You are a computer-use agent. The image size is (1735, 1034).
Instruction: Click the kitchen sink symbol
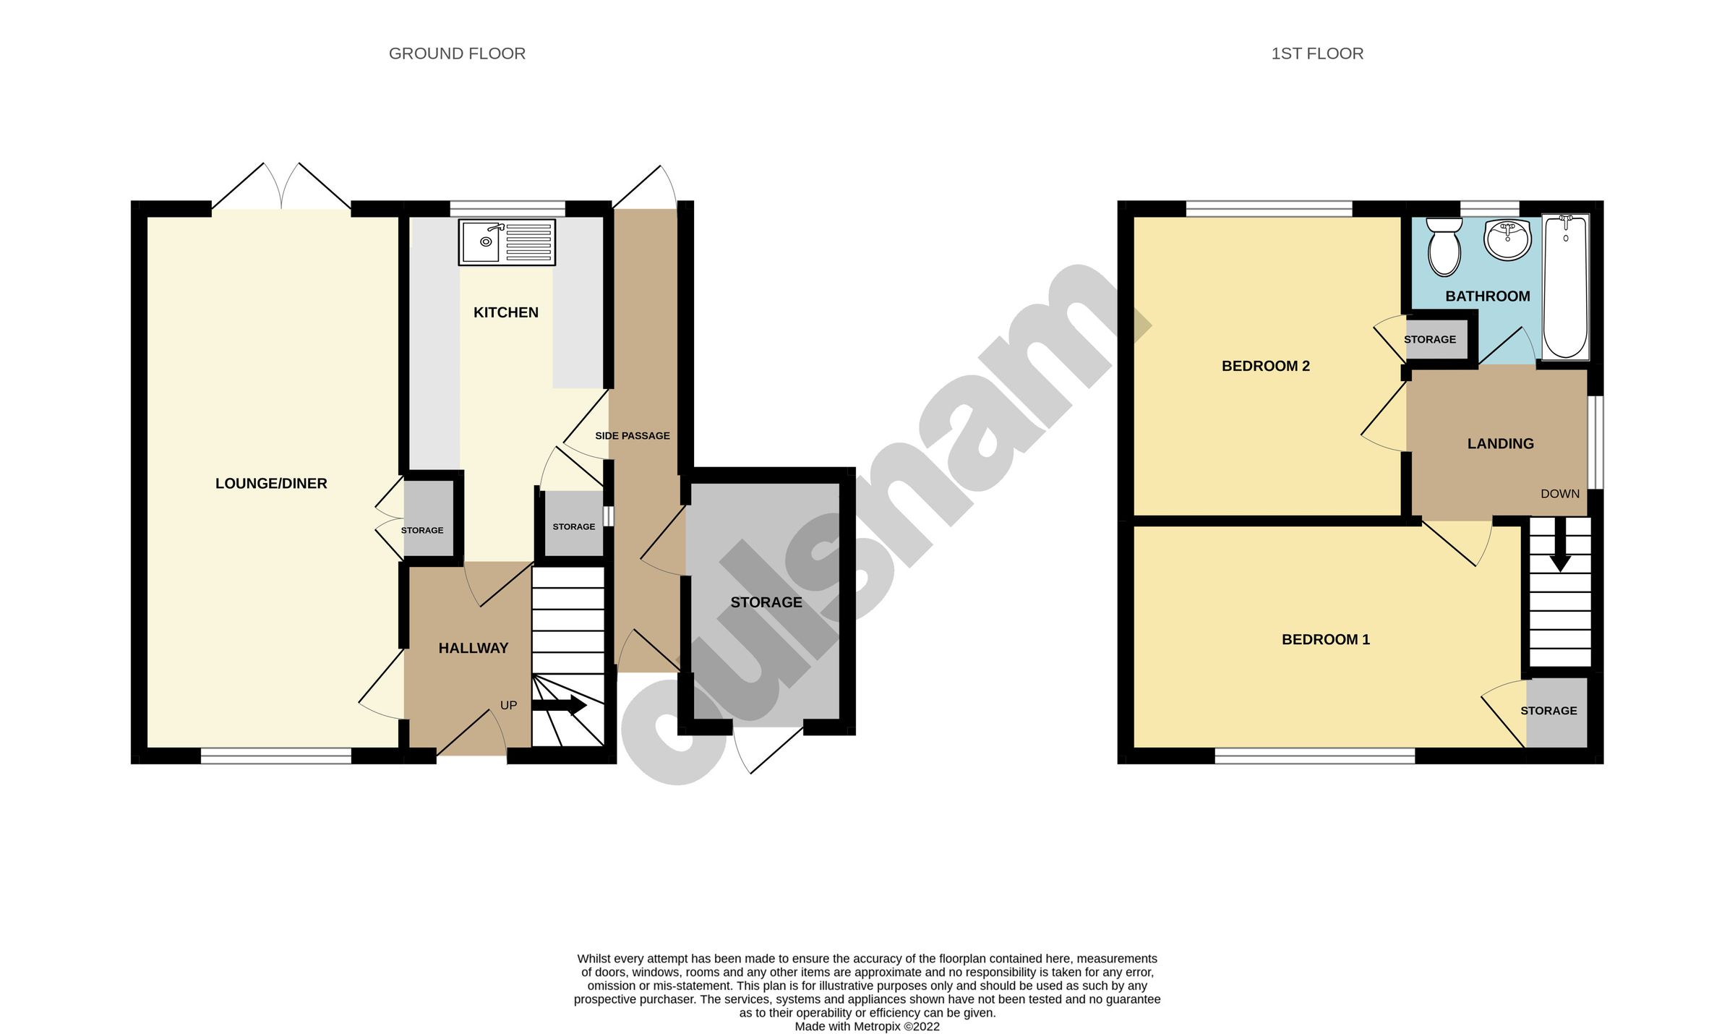point(507,242)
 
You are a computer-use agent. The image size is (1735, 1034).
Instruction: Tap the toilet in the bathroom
point(1444,247)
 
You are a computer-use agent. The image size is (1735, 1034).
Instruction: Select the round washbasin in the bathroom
point(1507,240)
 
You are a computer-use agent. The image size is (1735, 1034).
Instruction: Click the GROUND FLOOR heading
point(457,54)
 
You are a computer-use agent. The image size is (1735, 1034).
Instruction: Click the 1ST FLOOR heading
point(1317,54)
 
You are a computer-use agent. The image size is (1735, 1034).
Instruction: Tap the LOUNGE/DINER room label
point(271,484)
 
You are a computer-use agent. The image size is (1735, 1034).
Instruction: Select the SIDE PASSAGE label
point(632,436)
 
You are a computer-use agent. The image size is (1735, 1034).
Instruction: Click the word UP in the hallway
point(508,706)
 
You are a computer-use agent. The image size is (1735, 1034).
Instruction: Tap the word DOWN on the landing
point(1559,494)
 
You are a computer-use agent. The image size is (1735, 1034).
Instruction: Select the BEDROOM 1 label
point(1325,640)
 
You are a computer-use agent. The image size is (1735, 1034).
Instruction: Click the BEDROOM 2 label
point(1265,367)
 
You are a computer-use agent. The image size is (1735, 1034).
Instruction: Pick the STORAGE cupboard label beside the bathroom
point(1429,340)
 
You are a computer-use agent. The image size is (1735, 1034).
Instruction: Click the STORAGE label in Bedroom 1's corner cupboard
point(1548,712)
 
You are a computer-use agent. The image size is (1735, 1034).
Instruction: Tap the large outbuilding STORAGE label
point(766,603)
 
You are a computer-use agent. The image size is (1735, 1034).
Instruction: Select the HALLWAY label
point(473,649)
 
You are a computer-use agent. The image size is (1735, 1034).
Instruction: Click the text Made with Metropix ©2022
point(867,1026)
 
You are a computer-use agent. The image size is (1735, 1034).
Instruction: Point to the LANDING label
point(1500,444)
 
